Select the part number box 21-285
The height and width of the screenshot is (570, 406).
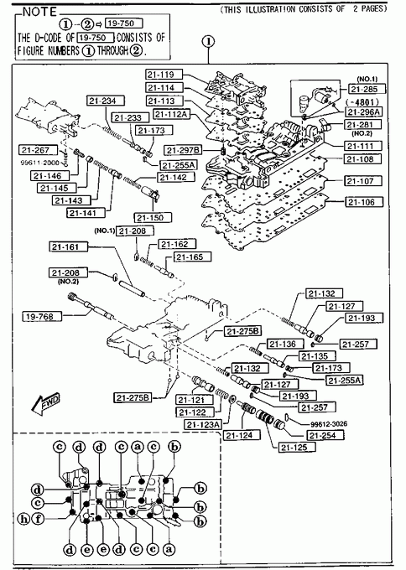pyautogui.click(x=367, y=89)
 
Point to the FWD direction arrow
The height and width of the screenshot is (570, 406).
pyautogui.click(x=45, y=403)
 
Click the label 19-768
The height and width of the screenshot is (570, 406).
pyautogui.click(x=41, y=316)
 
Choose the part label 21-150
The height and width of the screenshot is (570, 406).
pyautogui.click(x=153, y=218)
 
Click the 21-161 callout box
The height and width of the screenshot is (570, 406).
pyautogui.click(x=69, y=246)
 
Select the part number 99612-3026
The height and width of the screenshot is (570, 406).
pyautogui.click(x=329, y=424)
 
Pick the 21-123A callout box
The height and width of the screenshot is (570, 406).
pyautogui.click(x=203, y=424)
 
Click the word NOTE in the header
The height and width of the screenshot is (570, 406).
pyautogui.click(x=40, y=12)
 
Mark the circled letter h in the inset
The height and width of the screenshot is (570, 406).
pyautogui.click(x=24, y=518)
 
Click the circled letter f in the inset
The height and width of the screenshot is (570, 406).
pyautogui.click(x=38, y=518)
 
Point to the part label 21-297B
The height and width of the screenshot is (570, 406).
pyautogui.click(x=184, y=150)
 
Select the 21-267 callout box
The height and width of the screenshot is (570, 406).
pyautogui.click(x=39, y=150)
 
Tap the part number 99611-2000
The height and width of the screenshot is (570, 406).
pyautogui.click(x=40, y=163)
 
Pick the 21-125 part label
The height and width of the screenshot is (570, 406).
pyautogui.click(x=297, y=448)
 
